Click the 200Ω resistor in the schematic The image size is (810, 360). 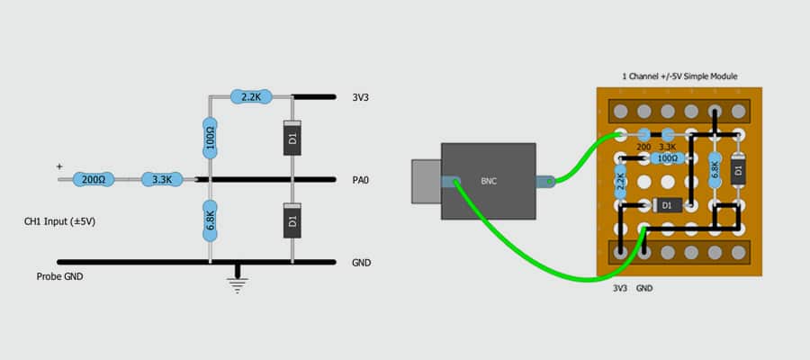pos(93,179)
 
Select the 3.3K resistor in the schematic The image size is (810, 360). pos(162,179)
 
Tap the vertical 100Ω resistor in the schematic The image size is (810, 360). pos(210,138)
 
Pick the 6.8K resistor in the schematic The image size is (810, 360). pos(210,220)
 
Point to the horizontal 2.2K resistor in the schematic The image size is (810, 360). pos(251,96)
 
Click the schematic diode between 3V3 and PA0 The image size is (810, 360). pos(292,138)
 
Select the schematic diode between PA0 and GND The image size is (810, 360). pos(292,220)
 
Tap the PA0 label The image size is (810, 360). pos(360,180)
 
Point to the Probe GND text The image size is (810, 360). pos(59,277)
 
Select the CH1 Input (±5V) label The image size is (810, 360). pos(59,221)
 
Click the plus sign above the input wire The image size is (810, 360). pos(59,166)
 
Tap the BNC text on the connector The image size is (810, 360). pos(489,182)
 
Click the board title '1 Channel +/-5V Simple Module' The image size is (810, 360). pos(679,76)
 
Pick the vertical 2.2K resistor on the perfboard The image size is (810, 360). pos(620,181)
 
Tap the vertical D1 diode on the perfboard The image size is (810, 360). pos(739,169)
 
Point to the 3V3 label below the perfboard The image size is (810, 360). pos(620,289)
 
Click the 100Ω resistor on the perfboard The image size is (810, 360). pos(668,158)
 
